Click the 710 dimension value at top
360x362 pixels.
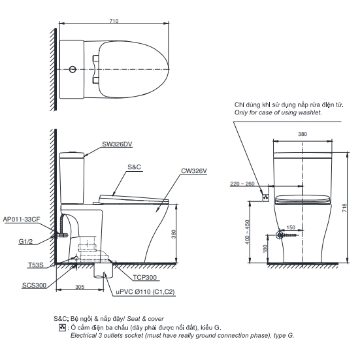(115, 21)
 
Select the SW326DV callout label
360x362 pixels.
(117, 144)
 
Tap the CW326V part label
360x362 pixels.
(195, 171)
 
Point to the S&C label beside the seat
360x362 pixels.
(135, 167)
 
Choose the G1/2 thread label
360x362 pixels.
(26, 242)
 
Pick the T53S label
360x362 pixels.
(36, 266)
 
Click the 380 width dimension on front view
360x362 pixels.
(303, 133)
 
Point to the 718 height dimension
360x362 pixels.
(344, 206)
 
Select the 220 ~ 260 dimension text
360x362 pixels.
(242, 185)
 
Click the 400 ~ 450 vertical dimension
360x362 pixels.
(248, 232)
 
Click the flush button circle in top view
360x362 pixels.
(71, 69)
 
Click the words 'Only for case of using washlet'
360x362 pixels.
(286, 112)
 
